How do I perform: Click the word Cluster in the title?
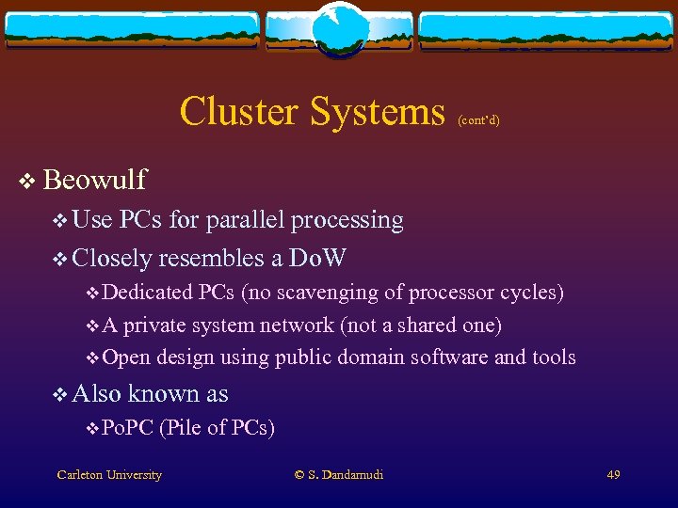click(x=241, y=111)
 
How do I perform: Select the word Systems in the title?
click(x=379, y=111)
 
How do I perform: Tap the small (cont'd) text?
click(x=478, y=120)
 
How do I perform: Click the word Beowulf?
click(x=95, y=179)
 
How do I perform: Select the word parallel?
click(x=246, y=220)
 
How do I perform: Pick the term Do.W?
click(x=318, y=257)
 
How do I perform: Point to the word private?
click(x=155, y=325)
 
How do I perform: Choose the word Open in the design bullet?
click(x=126, y=357)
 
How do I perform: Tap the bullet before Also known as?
click(x=60, y=394)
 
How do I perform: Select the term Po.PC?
click(x=127, y=429)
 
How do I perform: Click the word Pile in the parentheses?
click(x=184, y=429)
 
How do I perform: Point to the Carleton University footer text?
click(x=109, y=475)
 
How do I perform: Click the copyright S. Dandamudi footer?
click(x=339, y=475)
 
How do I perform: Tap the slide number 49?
click(x=613, y=475)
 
